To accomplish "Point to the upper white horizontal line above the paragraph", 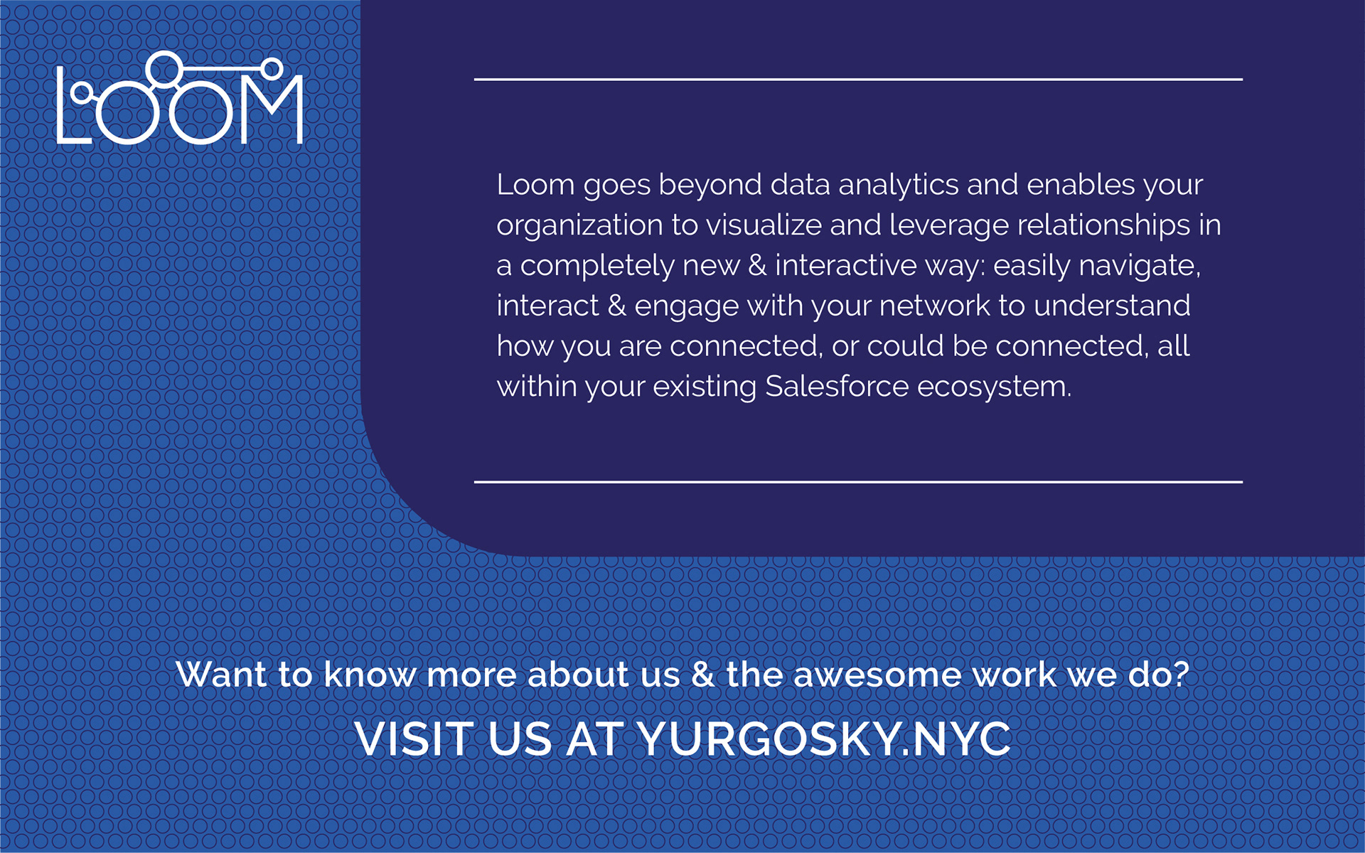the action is tap(858, 80).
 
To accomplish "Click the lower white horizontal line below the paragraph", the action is tap(858, 482).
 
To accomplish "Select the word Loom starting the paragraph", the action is tap(535, 185).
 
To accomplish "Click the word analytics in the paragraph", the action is tap(899, 186).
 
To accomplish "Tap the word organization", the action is tap(579, 227).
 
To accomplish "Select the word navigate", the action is tap(1140, 267).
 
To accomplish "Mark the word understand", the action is tap(1112, 306).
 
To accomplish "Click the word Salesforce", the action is tap(837, 387).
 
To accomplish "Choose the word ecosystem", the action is tap(994, 388).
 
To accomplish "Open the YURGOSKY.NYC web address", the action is tap(824, 739).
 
